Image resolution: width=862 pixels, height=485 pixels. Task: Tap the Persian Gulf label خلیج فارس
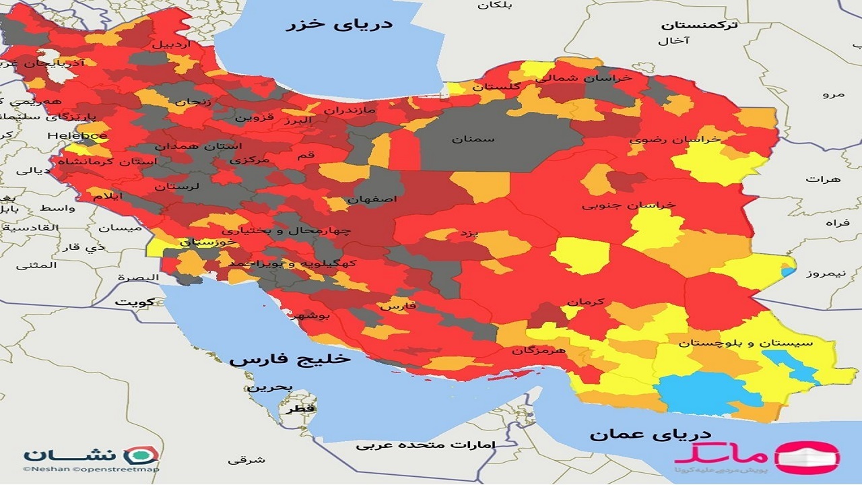(290, 359)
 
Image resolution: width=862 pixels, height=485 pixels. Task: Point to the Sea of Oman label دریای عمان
(641, 434)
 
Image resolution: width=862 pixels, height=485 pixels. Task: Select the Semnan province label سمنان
(473, 139)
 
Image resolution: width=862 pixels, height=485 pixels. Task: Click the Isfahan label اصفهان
(372, 199)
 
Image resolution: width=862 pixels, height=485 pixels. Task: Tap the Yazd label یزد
(468, 233)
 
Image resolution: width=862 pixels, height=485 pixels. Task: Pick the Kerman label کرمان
(585, 302)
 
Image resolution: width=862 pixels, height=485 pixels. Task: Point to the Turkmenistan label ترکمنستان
(699, 25)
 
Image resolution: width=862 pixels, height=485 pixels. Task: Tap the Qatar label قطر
(301, 409)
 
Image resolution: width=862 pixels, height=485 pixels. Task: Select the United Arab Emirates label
(426, 445)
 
